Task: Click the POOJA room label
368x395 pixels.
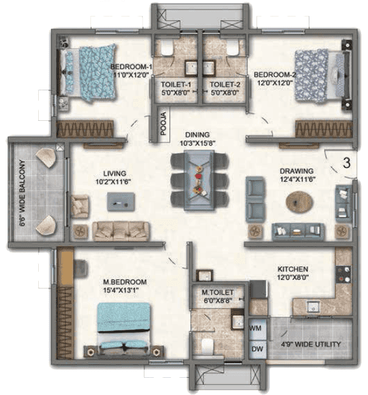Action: tap(164, 123)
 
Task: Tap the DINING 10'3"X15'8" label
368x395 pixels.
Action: tap(197, 139)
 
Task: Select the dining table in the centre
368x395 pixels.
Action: tap(199, 180)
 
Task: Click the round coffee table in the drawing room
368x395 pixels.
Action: tap(299, 202)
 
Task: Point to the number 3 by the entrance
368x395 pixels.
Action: tap(347, 163)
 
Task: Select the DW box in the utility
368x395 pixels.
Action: tap(257, 349)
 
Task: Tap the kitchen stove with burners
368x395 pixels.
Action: tap(344, 274)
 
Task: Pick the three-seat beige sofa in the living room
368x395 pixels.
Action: tap(121, 231)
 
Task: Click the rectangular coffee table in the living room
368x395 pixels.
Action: tap(121, 202)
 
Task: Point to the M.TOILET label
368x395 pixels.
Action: tap(217, 293)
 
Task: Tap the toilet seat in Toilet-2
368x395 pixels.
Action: tap(232, 47)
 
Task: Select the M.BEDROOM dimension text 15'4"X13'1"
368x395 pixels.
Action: tap(121, 290)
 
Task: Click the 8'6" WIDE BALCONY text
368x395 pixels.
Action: tap(22, 193)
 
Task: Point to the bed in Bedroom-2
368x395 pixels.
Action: tap(323, 76)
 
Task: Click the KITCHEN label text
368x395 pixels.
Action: tap(293, 269)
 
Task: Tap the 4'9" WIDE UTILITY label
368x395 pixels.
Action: tap(311, 344)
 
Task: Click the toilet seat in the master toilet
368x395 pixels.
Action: tap(208, 346)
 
